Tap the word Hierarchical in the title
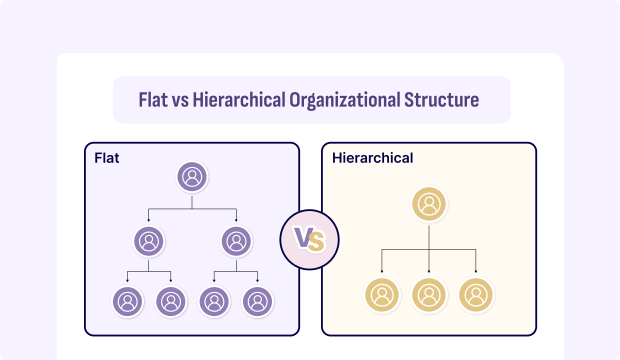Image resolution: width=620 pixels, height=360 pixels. pos(237,100)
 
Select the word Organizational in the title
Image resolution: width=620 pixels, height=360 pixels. pos(346,100)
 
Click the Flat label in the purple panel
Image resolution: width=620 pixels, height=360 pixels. pos(107,158)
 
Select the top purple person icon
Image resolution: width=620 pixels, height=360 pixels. pos(192,177)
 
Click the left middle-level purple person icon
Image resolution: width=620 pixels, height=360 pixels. pos(148,240)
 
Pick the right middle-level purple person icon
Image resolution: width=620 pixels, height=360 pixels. pos(236,240)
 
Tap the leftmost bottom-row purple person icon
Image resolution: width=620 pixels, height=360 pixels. pos(126,300)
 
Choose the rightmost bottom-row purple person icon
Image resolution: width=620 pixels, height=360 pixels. pos(258,300)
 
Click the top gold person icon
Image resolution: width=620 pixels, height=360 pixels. pos(428,204)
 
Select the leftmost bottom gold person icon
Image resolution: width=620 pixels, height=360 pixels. pos(382,295)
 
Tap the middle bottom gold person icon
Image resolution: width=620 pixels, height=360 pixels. pos(428,295)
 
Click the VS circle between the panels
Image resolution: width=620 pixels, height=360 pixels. pos(310,240)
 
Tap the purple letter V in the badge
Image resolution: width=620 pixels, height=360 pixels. pos(303,240)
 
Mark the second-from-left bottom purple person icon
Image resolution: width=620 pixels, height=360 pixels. pos(170,300)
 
